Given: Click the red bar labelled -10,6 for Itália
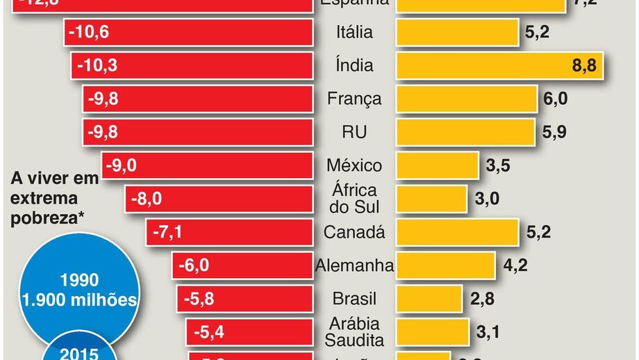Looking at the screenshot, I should tap(188, 32).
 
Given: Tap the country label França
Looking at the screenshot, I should tap(354, 99).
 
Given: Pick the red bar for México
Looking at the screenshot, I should tap(207, 165).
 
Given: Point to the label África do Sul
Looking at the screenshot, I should tap(354, 198).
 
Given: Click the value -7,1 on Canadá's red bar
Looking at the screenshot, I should tap(167, 232).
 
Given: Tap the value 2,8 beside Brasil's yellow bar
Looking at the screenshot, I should tap(481, 299).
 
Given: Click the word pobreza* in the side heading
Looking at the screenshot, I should tap(47, 218).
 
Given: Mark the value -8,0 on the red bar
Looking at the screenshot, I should tap(147, 199).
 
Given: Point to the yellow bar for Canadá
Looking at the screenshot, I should tap(457, 232).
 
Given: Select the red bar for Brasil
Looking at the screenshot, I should tap(244, 299).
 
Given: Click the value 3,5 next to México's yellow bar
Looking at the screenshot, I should tap(499, 165).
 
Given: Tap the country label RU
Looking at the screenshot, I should tap(354, 132).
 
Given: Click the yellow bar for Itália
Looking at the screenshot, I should tap(457, 32).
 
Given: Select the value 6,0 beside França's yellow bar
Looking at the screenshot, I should tap(555, 99).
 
